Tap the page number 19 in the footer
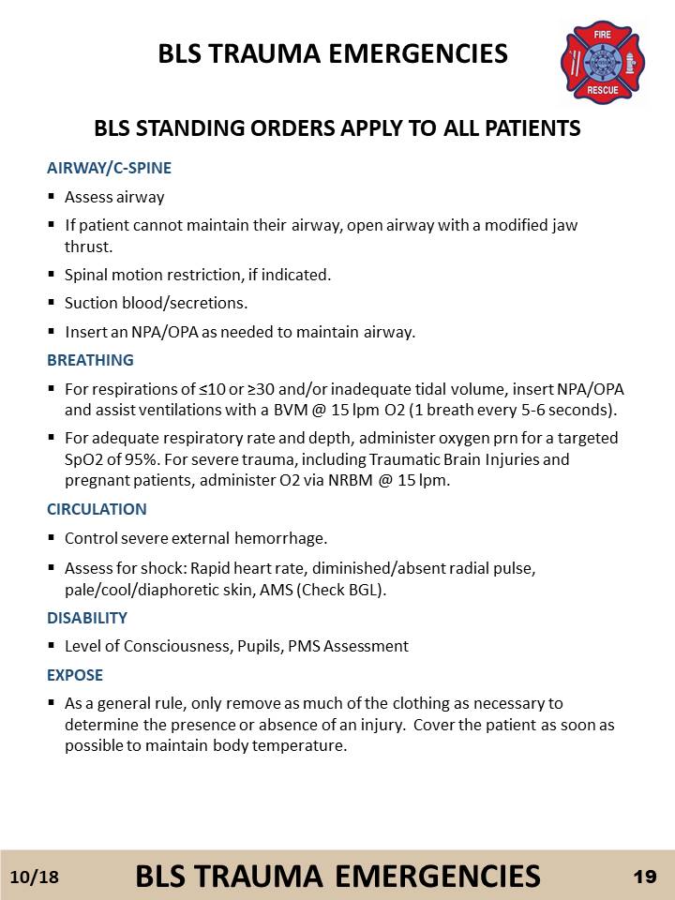(644, 876)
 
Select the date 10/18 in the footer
(35, 877)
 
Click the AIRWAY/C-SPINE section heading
(109, 169)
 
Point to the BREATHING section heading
(90, 360)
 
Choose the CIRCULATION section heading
(97, 510)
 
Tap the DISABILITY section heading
(87, 619)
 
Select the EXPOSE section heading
(75, 675)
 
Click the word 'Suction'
(90, 304)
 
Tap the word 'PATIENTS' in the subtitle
(533, 128)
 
